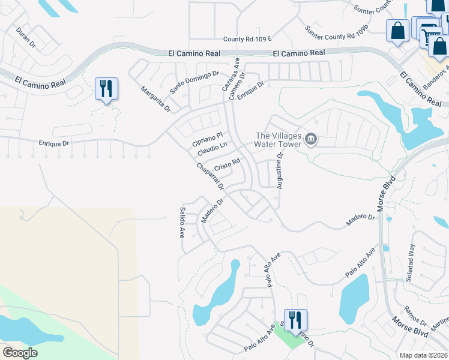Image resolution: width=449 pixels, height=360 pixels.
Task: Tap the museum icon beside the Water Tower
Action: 310,140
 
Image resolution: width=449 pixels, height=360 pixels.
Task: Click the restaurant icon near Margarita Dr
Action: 106,89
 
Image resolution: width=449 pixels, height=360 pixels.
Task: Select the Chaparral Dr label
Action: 209,176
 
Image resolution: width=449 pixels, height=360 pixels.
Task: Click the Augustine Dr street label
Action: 279,170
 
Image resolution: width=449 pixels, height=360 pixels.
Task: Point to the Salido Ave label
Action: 181,223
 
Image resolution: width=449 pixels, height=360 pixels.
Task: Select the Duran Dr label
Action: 26,38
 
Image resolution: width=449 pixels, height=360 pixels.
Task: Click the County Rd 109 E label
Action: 248,39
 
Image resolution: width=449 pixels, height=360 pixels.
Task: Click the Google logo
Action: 20,353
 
